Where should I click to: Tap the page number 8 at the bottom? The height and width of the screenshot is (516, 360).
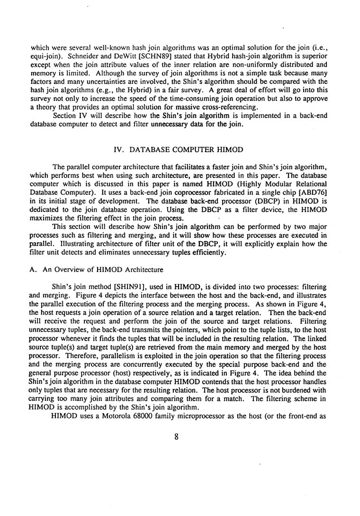(x=176, y=437)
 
